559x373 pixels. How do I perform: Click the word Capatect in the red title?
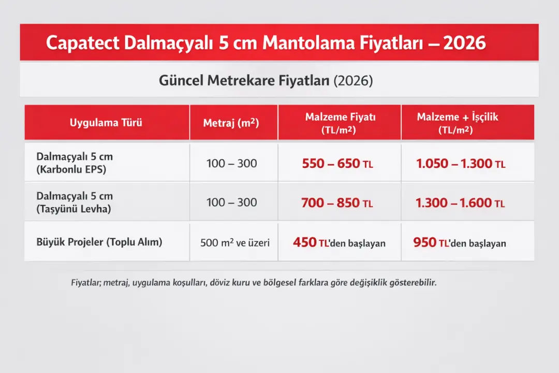tap(82, 42)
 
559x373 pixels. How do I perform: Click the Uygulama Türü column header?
tap(106, 123)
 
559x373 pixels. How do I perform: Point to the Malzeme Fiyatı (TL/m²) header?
tap(340, 123)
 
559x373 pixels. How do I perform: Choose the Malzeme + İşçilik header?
tap(458, 123)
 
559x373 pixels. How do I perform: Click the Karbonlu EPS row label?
tap(75, 162)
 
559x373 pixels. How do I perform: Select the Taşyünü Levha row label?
tap(75, 203)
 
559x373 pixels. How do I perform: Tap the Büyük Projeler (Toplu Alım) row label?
tap(99, 242)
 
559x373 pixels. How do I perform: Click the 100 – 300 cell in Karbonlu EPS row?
tap(231, 164)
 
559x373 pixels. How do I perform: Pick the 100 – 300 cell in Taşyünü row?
tap(231, 203)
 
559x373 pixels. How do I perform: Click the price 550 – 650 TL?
tap(337, 164)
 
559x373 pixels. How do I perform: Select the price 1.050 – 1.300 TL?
tap(460, 164)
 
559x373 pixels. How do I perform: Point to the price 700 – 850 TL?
tap(337, 203)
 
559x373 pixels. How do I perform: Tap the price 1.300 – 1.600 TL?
tap(460, 203)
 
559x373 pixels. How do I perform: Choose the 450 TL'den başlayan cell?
tap(339, 242)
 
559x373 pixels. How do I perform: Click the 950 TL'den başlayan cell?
tap(460, 242)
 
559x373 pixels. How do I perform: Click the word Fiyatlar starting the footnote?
tap(85, 283)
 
